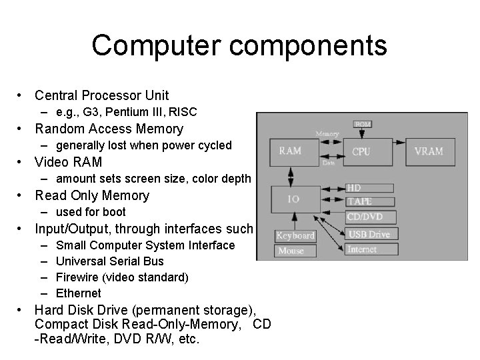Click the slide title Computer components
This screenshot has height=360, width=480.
point(239,45)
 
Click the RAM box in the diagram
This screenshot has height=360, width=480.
point(290,151)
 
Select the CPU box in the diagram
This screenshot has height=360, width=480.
point(361,151)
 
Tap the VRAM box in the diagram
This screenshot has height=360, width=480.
point(428,151)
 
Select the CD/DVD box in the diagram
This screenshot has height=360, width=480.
point(371,217)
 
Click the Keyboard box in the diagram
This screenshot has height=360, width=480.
point(295,236)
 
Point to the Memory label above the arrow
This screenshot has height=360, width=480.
point(327,135)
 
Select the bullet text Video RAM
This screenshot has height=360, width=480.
point(69,162)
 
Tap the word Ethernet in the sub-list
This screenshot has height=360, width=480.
point(79,293)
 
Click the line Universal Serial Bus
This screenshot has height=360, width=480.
point(110,261)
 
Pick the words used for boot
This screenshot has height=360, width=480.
point(91,212)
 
